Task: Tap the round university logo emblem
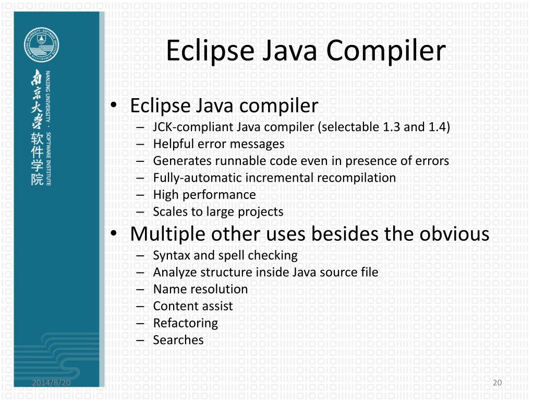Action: pos(41,45)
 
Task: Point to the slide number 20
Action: pos(497,383)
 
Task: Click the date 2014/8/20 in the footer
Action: pos(52,383)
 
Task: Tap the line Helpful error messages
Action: pos(219,144)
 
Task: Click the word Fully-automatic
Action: pos(197,178)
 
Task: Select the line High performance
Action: pos(204,195)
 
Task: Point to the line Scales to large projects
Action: pos(218,211)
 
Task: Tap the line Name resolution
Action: pos(200,289)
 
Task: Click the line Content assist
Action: pos(193,306)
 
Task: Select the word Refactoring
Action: pos(185,323)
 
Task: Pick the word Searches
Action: pos(178,340)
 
